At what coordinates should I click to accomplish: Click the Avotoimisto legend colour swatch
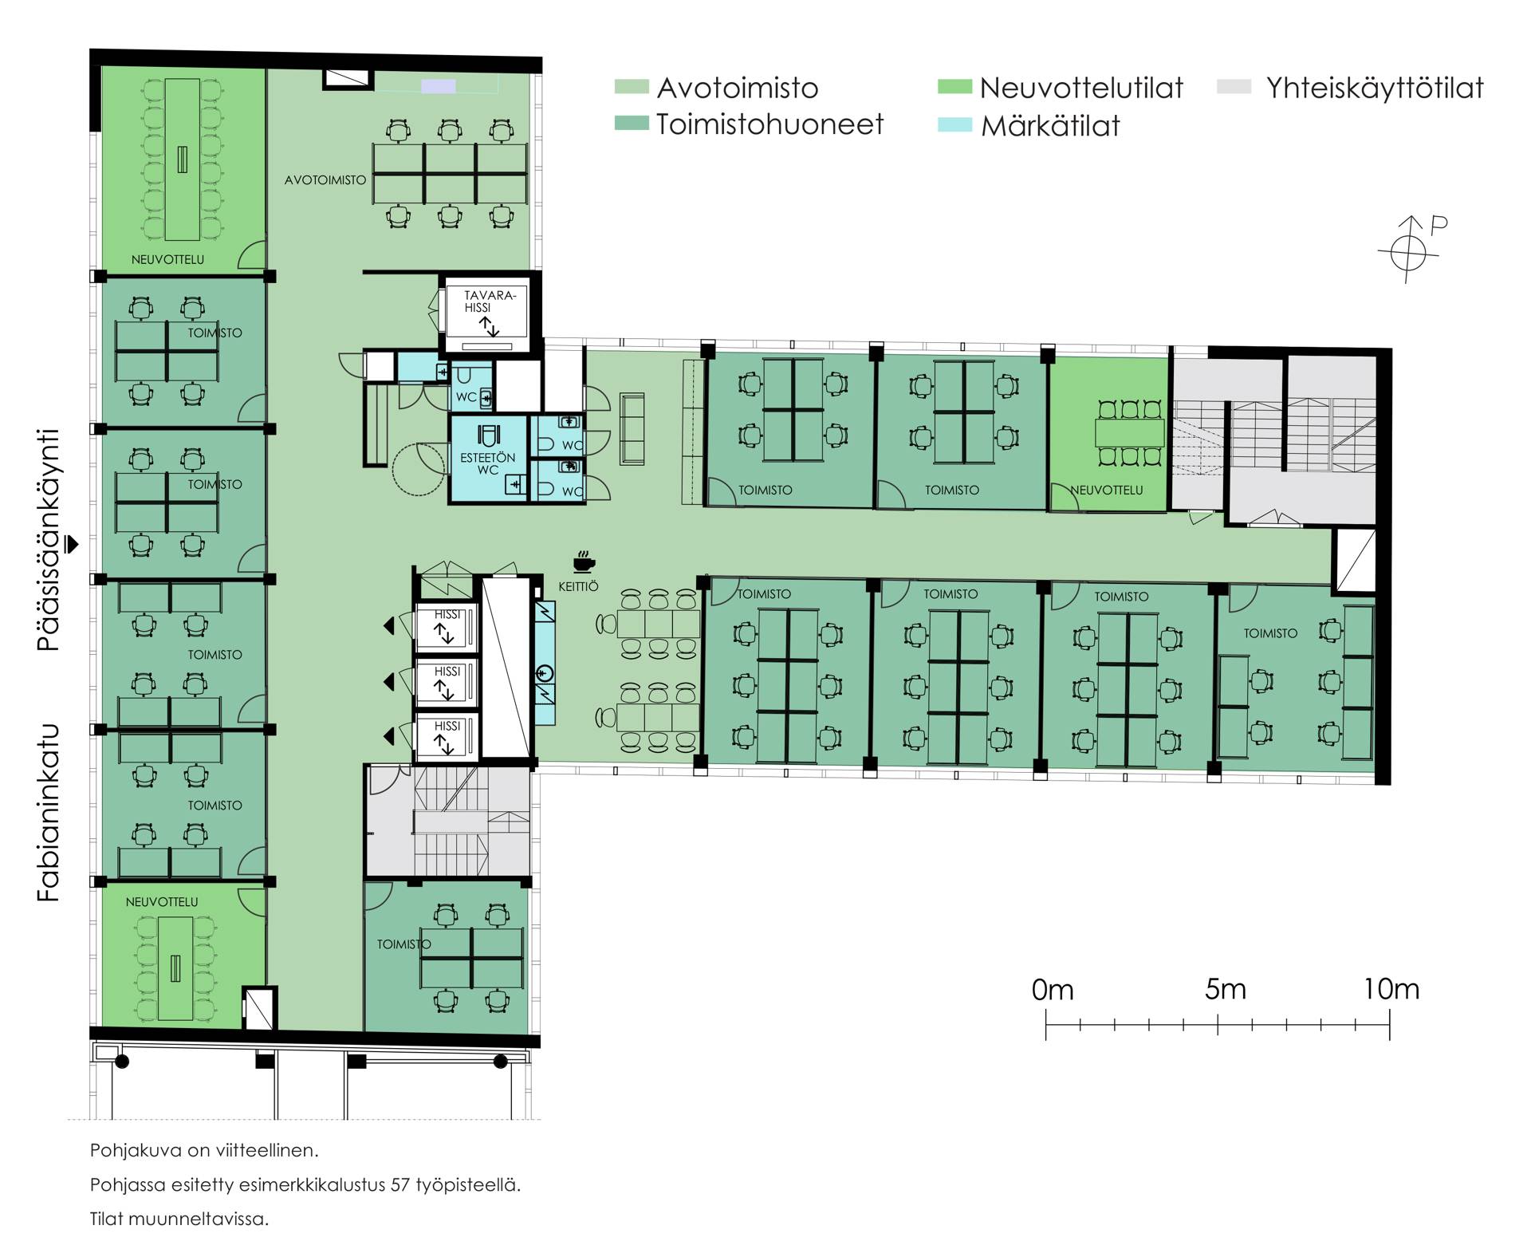click(x=632, y=87)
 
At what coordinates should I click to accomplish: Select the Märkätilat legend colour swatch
click(x=955, y=124)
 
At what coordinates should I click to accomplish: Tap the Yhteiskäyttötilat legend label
click(x=1375, y=88)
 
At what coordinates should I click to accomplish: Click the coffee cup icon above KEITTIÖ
click(x=584, y=561)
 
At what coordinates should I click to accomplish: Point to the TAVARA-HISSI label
click(x=490, y=301)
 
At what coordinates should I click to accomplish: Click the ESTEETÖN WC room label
click(x=488, y=464)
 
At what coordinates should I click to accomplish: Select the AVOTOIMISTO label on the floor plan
click(x=325, y=180)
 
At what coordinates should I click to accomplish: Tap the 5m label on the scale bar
click(x=1225, y=990)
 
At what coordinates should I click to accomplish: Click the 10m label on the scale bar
click(x=1391, y=990)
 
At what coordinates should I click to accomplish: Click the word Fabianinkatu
click(x=49, y=813)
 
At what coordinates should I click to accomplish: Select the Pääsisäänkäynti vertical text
click(x=49, y=541)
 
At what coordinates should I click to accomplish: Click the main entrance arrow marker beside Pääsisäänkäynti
click(x=73, y=544)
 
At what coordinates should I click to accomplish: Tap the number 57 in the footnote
click(x=399, y=1185)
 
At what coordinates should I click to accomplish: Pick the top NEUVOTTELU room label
click(x=167, y=260)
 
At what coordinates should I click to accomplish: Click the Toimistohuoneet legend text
click(x=770, y=124)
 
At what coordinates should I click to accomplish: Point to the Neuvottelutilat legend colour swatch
click(x=955, y=87)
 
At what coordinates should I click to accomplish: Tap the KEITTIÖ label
click(x=578, y=587)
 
